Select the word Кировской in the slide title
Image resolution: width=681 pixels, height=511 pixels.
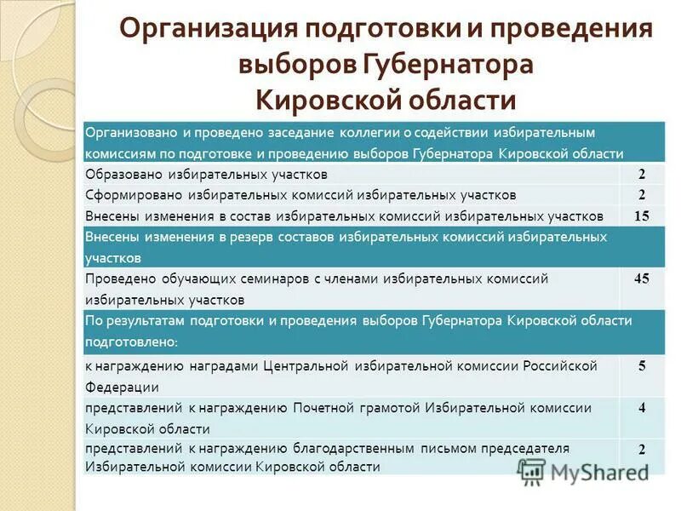(325, 100)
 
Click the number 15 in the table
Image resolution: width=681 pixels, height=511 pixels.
(642, 215)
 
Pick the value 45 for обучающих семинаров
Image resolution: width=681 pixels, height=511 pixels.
(642, 278)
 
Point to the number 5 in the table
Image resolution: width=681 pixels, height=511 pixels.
(642, 365)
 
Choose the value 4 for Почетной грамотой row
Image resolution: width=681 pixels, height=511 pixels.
(642, 407)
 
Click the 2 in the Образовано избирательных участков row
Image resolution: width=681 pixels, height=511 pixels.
(642, 174)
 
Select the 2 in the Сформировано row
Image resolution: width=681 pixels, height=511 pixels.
(642, 194)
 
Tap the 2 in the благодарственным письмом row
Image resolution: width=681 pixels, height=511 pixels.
(642, 449)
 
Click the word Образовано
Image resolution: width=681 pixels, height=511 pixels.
(119, 175)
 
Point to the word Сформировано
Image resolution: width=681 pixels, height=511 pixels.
(129, 195)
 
